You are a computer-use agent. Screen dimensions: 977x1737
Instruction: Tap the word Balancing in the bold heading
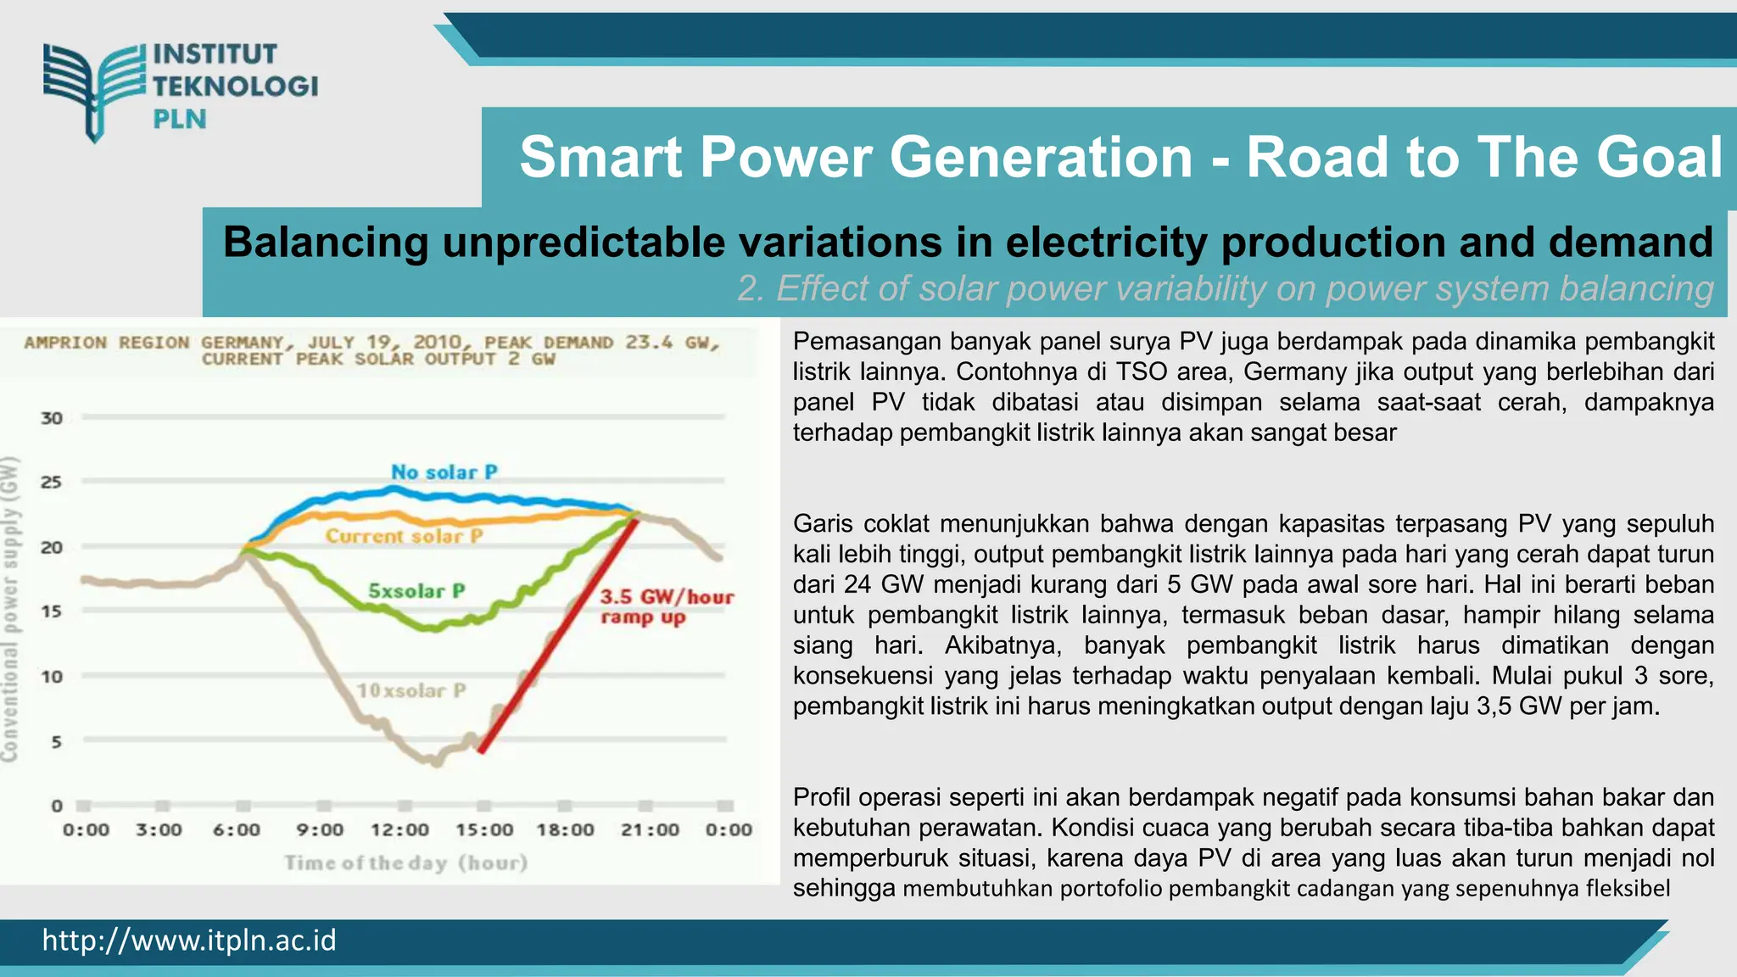pos(326,243)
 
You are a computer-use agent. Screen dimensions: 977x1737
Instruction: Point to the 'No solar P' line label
pos(444,472)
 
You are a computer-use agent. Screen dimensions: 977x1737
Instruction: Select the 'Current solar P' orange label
pos(404,537)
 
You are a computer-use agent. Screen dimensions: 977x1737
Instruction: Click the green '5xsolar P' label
pos(416,591)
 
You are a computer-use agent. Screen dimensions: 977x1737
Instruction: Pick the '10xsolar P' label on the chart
pos(411,691)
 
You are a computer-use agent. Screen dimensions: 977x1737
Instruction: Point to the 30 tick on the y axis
pos(52,418)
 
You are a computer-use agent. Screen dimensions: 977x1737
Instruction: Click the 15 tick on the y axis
pos(52,611)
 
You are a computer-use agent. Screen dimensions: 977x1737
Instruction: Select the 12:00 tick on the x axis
pos(399,830)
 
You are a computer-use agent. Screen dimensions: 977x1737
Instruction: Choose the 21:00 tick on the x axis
pos(650,830)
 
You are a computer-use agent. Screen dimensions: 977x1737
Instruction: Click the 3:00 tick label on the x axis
pos(159,830)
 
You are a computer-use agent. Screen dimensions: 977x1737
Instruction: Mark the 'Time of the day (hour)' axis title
pos(405,863)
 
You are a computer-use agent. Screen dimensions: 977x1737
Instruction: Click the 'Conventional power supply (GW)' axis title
pos(10,608)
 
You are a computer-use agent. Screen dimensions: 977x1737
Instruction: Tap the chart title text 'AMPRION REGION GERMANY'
pos(153,343)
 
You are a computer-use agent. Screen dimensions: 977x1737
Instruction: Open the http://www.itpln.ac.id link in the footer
pos(189,941)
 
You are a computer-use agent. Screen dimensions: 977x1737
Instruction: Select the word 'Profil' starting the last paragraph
pos(821,798)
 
